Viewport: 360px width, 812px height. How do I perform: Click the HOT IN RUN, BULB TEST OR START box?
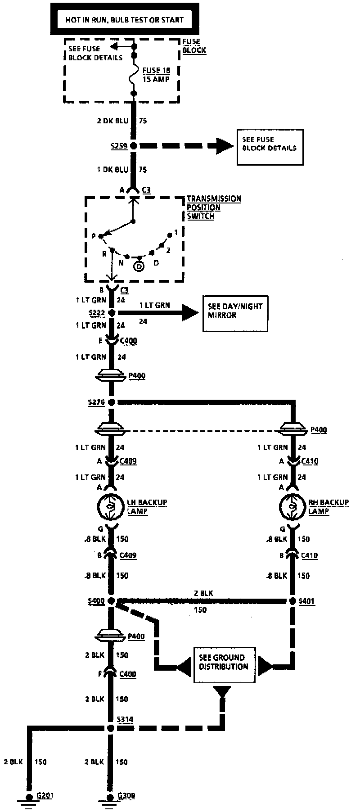point(125,20)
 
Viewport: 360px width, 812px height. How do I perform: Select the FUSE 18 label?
point(156,70)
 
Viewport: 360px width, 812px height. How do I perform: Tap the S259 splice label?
point(118,146)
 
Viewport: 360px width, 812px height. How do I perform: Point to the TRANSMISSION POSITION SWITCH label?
point(214,207)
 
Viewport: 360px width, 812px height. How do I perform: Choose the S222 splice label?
point(96,312)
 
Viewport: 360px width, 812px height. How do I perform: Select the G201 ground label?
point(45,796)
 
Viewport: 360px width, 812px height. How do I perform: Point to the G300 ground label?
point(126,796)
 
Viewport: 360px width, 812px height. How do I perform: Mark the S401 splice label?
point(307,601)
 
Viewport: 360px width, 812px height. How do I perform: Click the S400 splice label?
point(97,601)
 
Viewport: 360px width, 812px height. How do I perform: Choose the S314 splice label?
point(125,719)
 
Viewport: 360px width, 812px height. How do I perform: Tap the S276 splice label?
point(96,402)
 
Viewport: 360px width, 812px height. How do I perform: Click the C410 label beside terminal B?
point(310,555)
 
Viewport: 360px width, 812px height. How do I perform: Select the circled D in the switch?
point(139,266)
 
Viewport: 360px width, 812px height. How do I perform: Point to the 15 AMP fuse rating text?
point(156,79)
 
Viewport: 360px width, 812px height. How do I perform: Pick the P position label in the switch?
point(94,236)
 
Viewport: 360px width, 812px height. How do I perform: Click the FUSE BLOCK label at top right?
point(194,46)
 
